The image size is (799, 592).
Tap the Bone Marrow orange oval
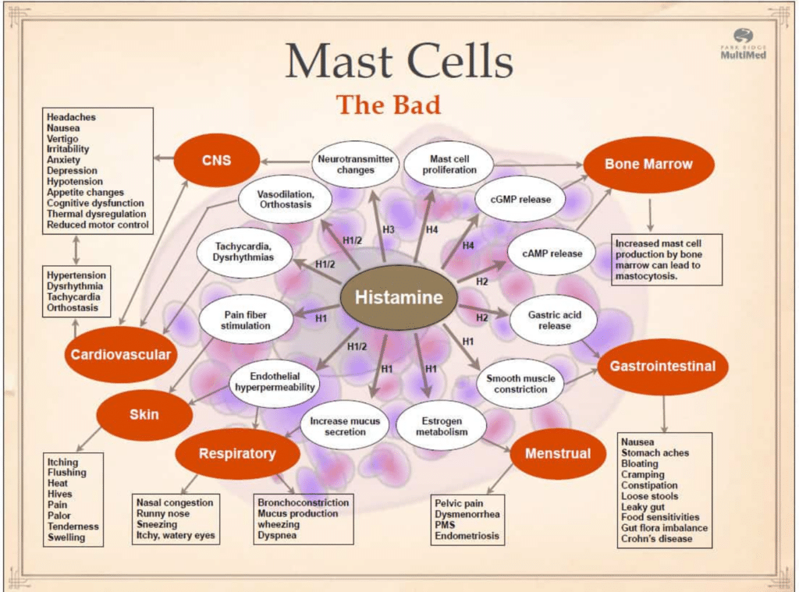pos(648,165)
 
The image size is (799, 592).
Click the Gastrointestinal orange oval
pos(662,366)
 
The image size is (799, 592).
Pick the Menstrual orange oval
pos(557,453)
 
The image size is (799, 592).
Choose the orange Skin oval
pos(144,414)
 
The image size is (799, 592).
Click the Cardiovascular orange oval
pos(120,355)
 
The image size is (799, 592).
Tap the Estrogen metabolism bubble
pos(441,427)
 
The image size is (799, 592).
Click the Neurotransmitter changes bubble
pos(356,165)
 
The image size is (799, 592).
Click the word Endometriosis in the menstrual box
pos(467,536)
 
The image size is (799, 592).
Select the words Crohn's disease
pos(656,538)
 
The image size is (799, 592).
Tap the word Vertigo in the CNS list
pos(62,138)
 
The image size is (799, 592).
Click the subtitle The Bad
pos(388,104)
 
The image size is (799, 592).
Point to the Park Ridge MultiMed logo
pos(742,44)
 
